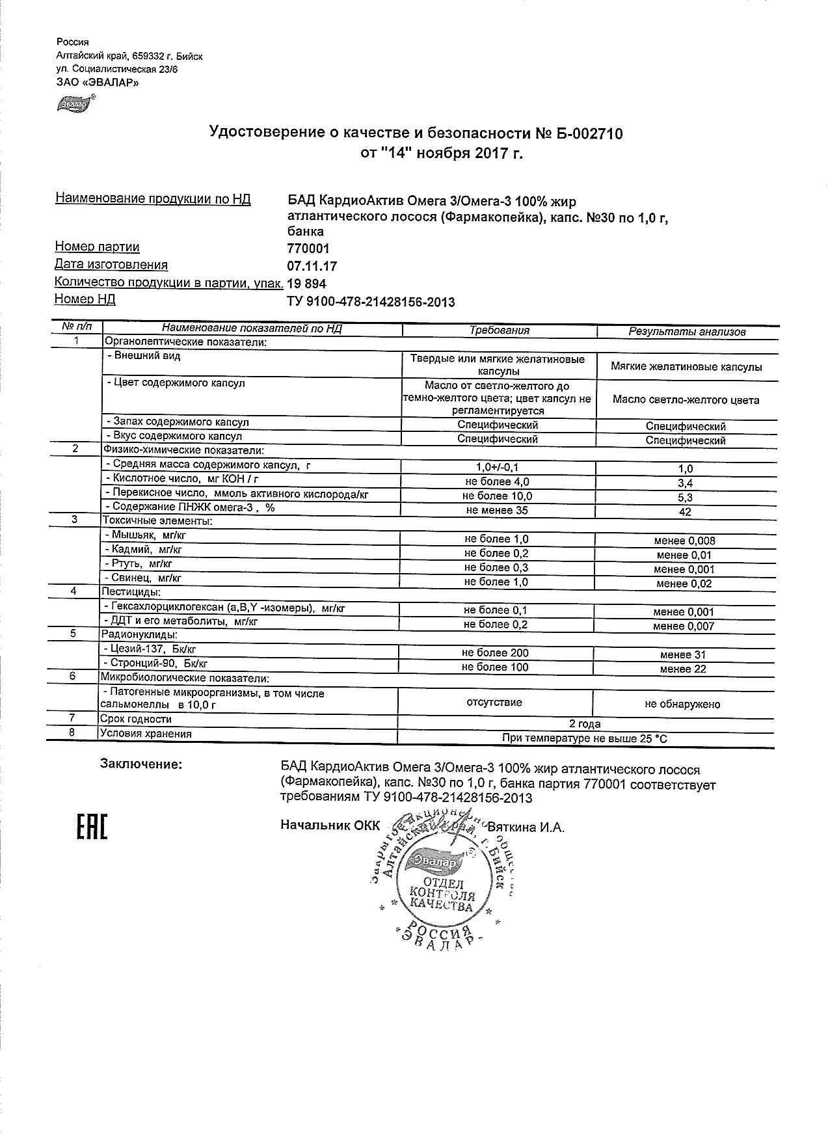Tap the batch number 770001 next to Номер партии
click(308, 248)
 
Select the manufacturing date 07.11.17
click(312, 266)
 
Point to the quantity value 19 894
click(306, 284)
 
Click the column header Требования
click(499, 330)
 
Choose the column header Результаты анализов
click(686, 332)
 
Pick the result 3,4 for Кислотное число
click(685, 483)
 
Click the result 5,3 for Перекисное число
click(685, 497)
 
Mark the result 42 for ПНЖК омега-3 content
click(685, 511)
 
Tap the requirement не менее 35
click(497, 511)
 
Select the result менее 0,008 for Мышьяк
click(685, 541)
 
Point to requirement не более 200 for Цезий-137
click(495, 653)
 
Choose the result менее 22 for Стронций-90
click(683, 669)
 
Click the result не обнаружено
click(682, 704)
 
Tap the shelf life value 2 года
click(585, 724)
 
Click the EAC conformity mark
click(92, 827)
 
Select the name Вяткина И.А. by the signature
click(526, 827)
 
